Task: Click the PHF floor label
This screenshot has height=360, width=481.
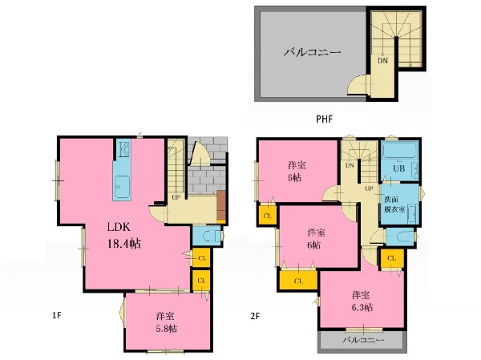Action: pos(324,119)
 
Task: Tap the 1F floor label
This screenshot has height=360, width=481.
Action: pos(57,315)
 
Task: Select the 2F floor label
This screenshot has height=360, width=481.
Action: pos(255,316)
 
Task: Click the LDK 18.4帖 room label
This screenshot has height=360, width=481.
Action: pos(124,236)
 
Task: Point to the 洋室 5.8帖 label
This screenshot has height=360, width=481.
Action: pos(166,322)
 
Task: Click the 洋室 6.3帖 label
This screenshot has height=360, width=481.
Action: pos(362,301)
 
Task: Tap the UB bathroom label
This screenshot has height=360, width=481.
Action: pos(398,168)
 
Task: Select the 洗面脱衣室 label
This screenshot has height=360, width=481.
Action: pos(394,204)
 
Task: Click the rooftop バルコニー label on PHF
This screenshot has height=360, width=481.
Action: pos(312,52)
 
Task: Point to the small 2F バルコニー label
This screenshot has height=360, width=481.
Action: pos(363,340)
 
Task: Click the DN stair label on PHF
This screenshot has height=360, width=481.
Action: pos(382,60)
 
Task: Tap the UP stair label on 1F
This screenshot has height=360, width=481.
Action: pos(176,197)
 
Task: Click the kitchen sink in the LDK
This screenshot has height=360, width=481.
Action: pos(122,187)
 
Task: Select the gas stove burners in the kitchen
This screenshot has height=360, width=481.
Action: pos(124,148)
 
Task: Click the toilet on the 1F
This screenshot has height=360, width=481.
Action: pos(210,236)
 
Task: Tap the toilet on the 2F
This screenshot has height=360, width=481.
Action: pos(403,237)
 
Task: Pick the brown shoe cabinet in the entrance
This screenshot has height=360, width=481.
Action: pos(221,205)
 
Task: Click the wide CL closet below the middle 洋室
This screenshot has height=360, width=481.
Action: pos(298,281)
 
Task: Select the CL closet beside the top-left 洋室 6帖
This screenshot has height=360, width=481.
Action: pos(267,216)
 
